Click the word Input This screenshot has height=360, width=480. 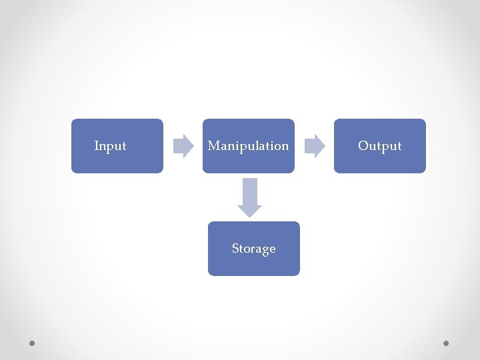[110, 145]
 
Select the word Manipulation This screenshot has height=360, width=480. [248, 145]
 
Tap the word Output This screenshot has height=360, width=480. [379, 145]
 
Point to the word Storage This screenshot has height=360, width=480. [253, 249]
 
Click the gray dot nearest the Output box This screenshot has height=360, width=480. [446, 343]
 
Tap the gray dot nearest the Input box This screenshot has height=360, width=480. [32, 343]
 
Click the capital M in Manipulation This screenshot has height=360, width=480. [213, 145]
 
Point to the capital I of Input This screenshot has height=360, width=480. [97, 145]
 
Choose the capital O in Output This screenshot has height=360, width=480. [363, 145]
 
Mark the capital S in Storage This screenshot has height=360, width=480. [235, 249]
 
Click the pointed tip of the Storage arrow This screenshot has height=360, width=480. [250, 215]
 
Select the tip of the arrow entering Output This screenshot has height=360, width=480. [324, 145]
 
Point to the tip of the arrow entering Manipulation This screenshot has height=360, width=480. [193, 145]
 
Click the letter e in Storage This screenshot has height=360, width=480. [272, 249]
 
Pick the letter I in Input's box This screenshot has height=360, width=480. [97, 145]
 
